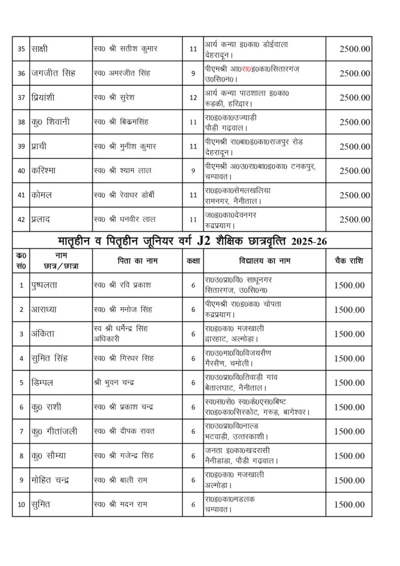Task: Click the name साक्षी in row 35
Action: pos(41,49)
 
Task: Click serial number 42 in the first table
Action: pos(22,219)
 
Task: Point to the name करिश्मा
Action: pos(45,170)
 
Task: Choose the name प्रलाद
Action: pos(42,219)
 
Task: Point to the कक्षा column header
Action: pos(193,260)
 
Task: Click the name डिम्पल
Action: pos(42,382)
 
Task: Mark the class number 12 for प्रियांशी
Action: pos(193,98)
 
